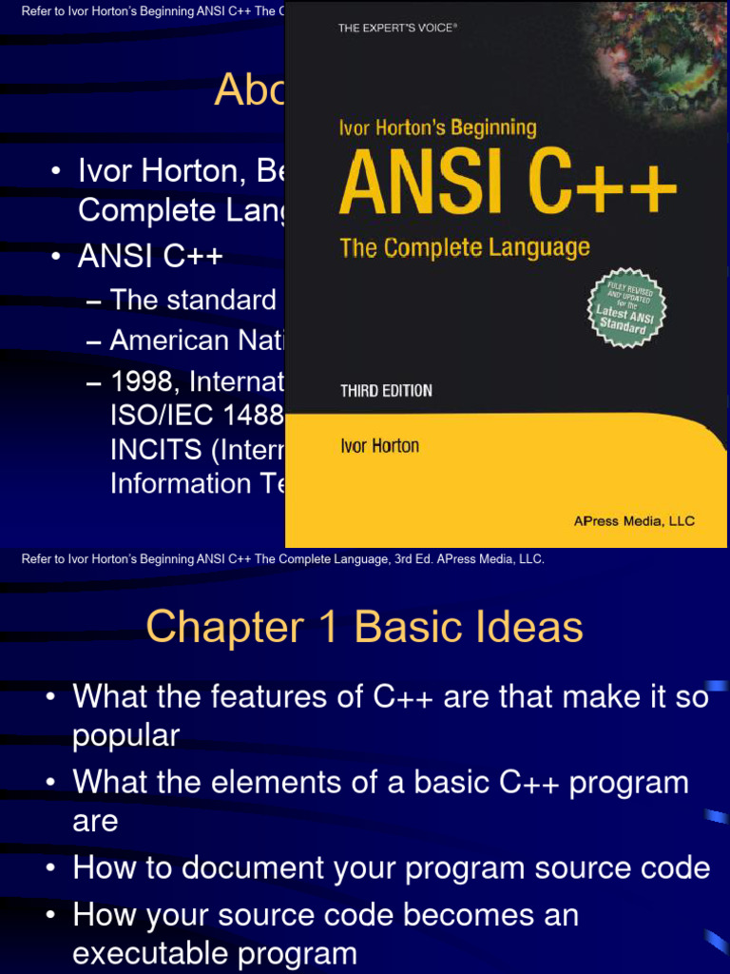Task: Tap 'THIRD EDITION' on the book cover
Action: point(386,391)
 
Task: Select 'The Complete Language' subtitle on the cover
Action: point(465,248)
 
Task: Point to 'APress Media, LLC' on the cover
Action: point(634,520)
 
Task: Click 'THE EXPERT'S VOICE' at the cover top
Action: point(397,29)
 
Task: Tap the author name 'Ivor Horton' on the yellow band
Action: point(379,446)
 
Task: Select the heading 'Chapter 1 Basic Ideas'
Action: point(364,627)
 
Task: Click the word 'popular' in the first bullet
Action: point(126,735)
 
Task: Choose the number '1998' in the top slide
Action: point(144,382)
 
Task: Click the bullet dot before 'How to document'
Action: point(51,868)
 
